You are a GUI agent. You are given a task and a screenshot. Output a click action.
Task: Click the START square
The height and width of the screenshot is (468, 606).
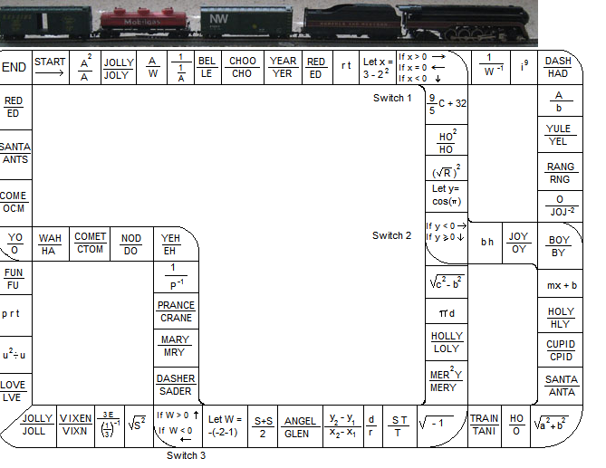pos(51,67)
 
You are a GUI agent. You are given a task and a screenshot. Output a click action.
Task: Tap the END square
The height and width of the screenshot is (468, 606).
pos(14,68)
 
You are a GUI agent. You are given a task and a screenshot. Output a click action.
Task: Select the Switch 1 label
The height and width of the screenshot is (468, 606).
pos(392,98)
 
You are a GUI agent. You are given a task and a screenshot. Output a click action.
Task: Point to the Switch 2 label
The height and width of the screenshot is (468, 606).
pos(392,235)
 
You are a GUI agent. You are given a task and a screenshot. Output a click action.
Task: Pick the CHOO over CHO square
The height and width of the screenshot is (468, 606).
pos(242,68)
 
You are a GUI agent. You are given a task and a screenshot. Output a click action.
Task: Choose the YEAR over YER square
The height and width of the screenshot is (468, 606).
pos(283,68)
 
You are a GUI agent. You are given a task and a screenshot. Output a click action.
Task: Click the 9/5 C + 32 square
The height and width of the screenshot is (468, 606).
pos(447,103)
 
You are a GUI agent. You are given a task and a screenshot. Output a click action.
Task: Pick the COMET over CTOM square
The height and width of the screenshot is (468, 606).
pos(90,244)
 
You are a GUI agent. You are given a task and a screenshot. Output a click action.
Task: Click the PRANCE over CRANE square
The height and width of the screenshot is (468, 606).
pos(176,312)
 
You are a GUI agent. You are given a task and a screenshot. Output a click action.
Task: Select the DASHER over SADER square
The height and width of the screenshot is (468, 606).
pos(176,385)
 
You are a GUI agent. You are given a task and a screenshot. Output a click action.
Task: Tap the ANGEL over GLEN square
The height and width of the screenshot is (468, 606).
pos(300,427)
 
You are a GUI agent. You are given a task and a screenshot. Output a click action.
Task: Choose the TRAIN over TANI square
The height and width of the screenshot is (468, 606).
pos(484,425)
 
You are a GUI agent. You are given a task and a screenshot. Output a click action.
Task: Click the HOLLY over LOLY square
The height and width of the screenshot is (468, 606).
pos(447,342)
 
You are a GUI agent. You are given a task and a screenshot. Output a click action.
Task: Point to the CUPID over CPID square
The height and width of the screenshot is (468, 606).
pos(561,350)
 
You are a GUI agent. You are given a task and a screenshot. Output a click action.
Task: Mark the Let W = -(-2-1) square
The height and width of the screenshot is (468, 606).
pos(225,425)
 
